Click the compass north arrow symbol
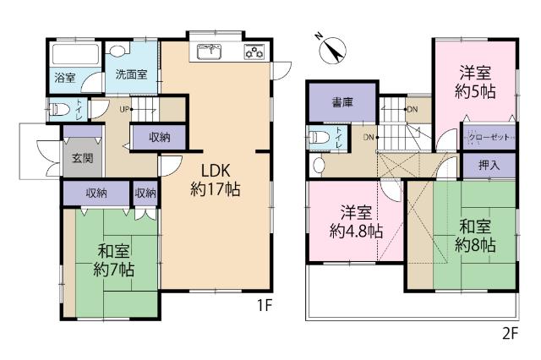pos(331,48)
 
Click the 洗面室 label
pos(132,74)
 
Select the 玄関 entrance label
pos(82,157)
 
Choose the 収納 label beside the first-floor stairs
pos(160,137)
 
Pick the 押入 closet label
pos(489,165)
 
